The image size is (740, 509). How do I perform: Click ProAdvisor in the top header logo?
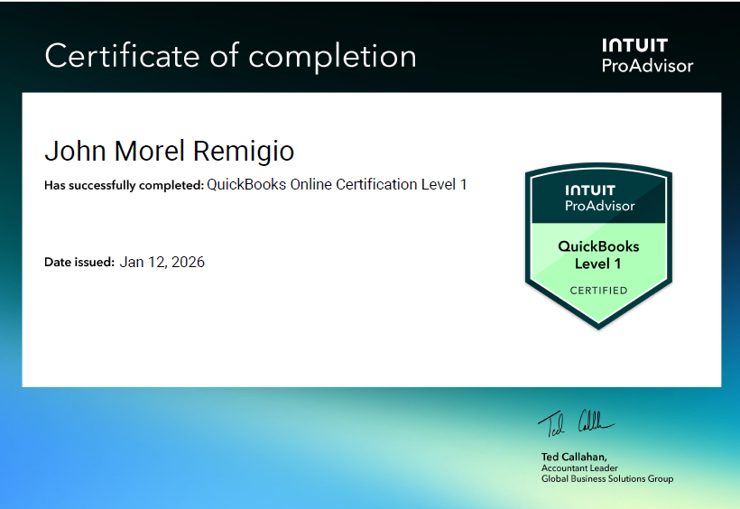coord(647,66)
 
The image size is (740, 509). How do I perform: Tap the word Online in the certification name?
coord(310,185)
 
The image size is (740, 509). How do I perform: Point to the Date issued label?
coord(79,263)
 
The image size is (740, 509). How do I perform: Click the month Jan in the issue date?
coord(131,263)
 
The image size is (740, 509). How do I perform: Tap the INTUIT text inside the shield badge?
coord(589,190)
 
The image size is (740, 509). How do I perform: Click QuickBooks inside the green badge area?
coord(598,246)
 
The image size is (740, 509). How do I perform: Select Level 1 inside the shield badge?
coord(598,264)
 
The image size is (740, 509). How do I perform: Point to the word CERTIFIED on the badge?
coord(598,291)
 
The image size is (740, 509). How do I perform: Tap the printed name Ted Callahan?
coord(573,457)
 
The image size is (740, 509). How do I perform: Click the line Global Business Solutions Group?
coord(606,478)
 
